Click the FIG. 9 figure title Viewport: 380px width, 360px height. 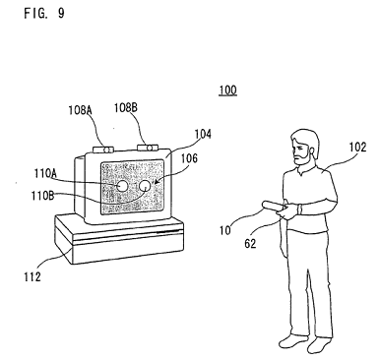44,13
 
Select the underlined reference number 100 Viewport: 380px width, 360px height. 227,90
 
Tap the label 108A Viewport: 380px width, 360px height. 80,110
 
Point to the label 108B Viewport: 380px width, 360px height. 126,107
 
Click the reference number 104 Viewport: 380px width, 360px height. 203,134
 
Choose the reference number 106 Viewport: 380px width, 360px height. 189,158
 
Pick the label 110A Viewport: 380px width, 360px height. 45,173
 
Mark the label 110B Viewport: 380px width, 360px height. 42,196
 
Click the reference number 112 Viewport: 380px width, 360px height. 32,277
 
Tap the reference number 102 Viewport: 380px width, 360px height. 357,148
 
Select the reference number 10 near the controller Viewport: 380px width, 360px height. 225,230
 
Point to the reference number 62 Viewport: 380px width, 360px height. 250,244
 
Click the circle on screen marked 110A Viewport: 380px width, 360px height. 122,186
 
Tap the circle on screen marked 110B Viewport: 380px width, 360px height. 145,186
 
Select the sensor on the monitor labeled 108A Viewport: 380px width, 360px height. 103,150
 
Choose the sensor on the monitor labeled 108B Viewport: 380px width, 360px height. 148,148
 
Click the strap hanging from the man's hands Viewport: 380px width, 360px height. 284,236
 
